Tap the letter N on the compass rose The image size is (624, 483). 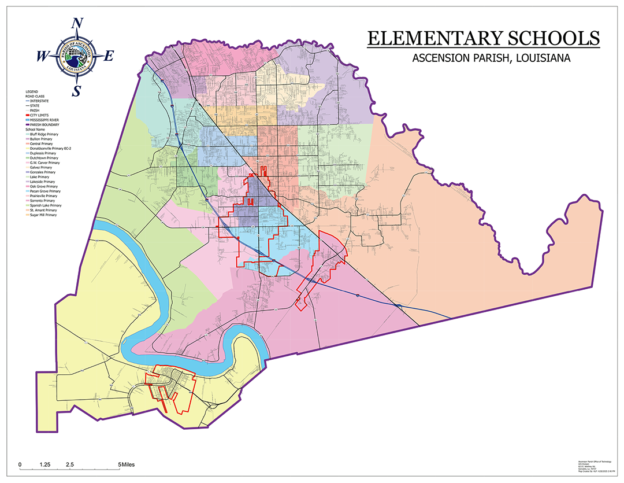77,24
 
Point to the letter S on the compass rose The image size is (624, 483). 76,91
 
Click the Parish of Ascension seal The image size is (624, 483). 76,57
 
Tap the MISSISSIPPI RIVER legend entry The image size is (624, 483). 45,120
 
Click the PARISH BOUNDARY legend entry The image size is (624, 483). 44,124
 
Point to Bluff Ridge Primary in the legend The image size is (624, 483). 46,134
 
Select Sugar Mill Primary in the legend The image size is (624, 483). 45,215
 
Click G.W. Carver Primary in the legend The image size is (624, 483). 46,163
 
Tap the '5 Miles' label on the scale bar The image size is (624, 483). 127,464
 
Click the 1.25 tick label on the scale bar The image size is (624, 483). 45,464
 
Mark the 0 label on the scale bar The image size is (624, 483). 20,464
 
